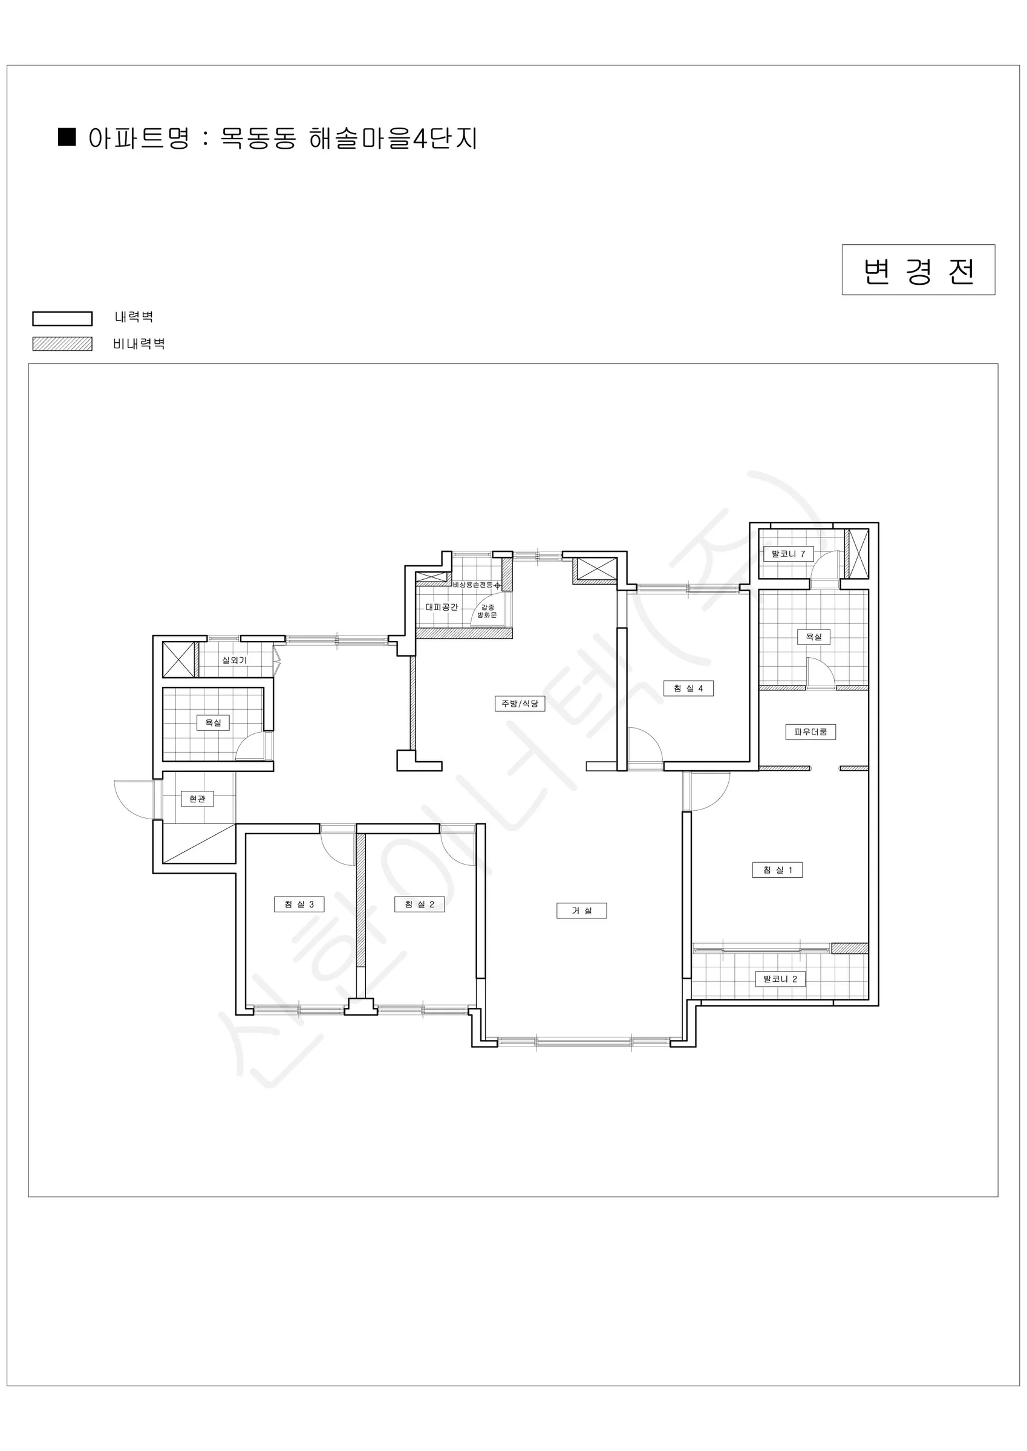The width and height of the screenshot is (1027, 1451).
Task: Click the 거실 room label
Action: click(x=581, y=911)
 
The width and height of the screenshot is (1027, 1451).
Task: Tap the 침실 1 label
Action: click(x=777, y=869)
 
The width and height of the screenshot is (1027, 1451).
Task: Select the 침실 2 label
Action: click(x=419, y=904)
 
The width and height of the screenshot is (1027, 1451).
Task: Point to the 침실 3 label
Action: click(x=299, y=904)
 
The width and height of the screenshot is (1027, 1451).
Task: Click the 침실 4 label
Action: click(x=688, y=688)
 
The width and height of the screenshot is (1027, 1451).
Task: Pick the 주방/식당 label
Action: click(x=520, y=703)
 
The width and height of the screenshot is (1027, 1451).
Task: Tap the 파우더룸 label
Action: click(x=810, y=732)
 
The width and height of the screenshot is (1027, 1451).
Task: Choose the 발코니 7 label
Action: click(x=788, y=554)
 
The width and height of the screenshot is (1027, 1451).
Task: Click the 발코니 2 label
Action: click(x=780, y=979)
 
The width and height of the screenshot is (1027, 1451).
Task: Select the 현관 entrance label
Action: click(x=197, y=799)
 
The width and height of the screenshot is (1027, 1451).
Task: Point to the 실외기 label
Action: click(x=234, y=660)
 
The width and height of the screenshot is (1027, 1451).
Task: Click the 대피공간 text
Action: click(x=442, y=606)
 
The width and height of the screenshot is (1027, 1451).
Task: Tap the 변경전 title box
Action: click(x=918, y=270)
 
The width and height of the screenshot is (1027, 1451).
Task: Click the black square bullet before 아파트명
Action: click(x=67, y=137)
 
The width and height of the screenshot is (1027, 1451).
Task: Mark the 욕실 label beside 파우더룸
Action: click(x=813, y=637)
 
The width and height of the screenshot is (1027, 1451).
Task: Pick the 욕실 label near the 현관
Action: click(x=213, y=722)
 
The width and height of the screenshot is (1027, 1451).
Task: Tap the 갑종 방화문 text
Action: click(x=487, y=611)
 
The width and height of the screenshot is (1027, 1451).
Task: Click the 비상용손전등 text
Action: click(x=472, y=585)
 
